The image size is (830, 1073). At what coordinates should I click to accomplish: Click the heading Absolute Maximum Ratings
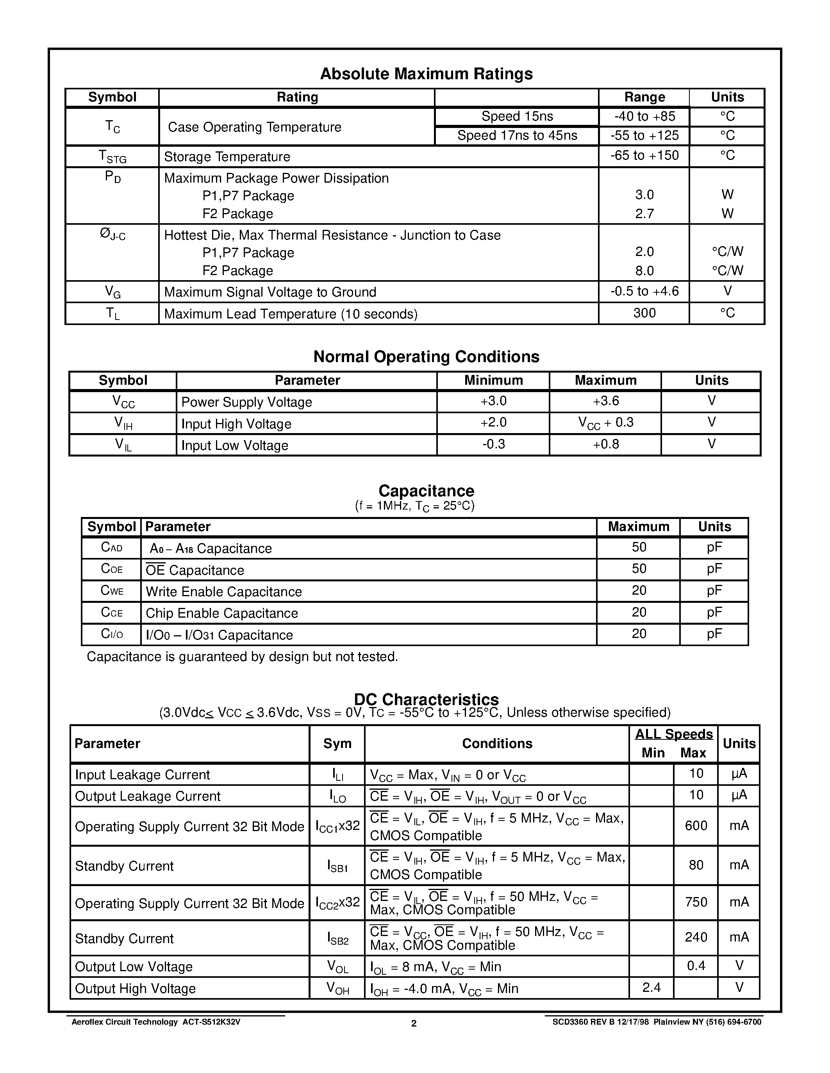[x=426, y=74]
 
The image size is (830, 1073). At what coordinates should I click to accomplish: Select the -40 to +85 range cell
[x=644, y=116]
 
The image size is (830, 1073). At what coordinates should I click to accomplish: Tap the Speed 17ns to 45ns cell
[x=517, y=136]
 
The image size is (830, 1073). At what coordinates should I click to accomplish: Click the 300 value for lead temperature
[x=644, y=313]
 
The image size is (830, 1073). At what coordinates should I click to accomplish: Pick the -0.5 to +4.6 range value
[x=644, y=291]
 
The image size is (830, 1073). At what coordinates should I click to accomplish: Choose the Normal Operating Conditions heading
[x=426, y=357]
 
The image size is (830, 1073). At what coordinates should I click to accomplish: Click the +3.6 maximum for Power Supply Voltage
[x=605, y=401]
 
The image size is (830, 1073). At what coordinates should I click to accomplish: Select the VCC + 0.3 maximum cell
[x=605, y=423]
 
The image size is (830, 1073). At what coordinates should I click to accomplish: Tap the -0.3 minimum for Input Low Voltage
[x=493, y=444]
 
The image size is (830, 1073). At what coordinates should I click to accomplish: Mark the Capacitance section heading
[x=426, y=491]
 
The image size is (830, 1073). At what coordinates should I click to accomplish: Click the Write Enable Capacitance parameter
[x=224, y=592]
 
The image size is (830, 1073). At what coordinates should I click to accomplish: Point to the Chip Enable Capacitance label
[x=222, y=613]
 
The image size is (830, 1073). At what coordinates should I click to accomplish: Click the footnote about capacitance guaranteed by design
[x=242, y=657]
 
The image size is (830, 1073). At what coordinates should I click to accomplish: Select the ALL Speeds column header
[x=674, y=734]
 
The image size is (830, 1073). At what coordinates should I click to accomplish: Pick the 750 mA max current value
[x=696, y=902]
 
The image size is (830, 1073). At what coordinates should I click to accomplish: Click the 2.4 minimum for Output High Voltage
[x=652, y=987]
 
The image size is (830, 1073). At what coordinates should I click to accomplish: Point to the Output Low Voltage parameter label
[x=134, y=967]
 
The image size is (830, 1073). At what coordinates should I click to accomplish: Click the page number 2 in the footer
[x=414, y=1023]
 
